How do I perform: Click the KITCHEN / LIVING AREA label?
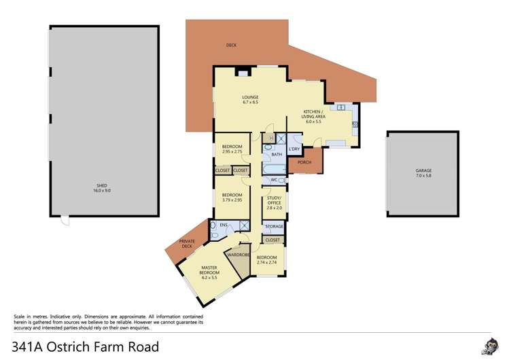[314, 113]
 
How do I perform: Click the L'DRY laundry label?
[294, 149]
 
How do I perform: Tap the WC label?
[273, 180]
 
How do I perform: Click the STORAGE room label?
[274, 226]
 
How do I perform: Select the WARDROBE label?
[239, 255]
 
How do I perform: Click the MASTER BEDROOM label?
[209, 274]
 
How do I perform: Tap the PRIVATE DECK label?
[187, 243]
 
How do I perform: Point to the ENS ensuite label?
[223, 224]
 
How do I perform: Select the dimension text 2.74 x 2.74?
[266, 262]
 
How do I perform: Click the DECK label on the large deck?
[232, 46]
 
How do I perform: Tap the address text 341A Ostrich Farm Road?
[86, 346]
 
